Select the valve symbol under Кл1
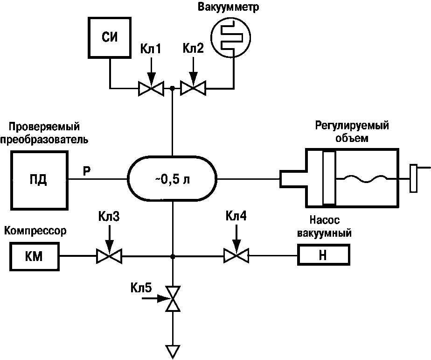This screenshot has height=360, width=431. pos(150,88)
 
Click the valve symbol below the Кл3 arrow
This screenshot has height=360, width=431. pos(108,256)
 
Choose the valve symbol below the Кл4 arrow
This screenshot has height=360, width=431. pos(236,256)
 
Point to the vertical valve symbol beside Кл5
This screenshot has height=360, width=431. pos(173,298)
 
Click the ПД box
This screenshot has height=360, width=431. pos(39,179)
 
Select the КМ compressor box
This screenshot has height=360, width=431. pos(35,256)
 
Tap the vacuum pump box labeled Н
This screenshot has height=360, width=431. pos(322,256)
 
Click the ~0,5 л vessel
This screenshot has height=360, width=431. pos(173,179)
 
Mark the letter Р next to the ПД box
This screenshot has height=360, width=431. pos(87,170)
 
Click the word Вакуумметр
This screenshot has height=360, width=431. pos(228,7)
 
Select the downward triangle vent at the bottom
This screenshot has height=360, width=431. pos(173,350)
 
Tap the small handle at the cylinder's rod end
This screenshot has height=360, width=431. pos(413,178)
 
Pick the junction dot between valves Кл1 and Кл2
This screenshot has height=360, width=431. pos(173,88)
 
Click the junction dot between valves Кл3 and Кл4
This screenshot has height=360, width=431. pos(173,256)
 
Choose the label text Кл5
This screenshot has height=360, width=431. pos(141,288)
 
